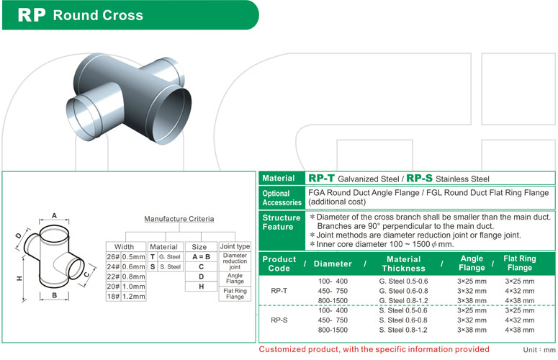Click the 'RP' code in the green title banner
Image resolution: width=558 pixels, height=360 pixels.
(x=32, y=14)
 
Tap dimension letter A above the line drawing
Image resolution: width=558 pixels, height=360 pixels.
(x=53, y=215)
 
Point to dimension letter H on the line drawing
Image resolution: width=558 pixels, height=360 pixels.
(x=19, y=276)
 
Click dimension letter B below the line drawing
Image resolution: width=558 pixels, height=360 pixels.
(x=53, y=295)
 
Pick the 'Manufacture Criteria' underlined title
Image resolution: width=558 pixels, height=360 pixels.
(x=178, y=218)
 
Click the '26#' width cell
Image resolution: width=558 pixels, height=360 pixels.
(x=113, y=256)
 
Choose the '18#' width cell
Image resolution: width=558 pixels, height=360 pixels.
(x=113, y=296)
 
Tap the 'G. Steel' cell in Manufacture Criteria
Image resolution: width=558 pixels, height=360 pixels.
(x=168, y=256)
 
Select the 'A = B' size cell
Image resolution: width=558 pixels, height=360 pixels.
(x=200, y=256)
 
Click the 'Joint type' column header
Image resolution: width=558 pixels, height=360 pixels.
(x=235, y=246)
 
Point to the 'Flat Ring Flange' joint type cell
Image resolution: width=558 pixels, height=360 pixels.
(x=235, y=293)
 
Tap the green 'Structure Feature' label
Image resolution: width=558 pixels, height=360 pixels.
(x=282, y=222)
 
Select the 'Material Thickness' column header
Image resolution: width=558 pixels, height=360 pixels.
(x=404, y=264)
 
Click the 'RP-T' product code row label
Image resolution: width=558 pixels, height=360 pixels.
(x=280, y=291)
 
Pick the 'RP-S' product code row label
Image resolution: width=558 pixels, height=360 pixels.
(x=280, y=320)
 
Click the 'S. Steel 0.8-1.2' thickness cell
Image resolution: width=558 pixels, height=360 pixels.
(x=403, y=330)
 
